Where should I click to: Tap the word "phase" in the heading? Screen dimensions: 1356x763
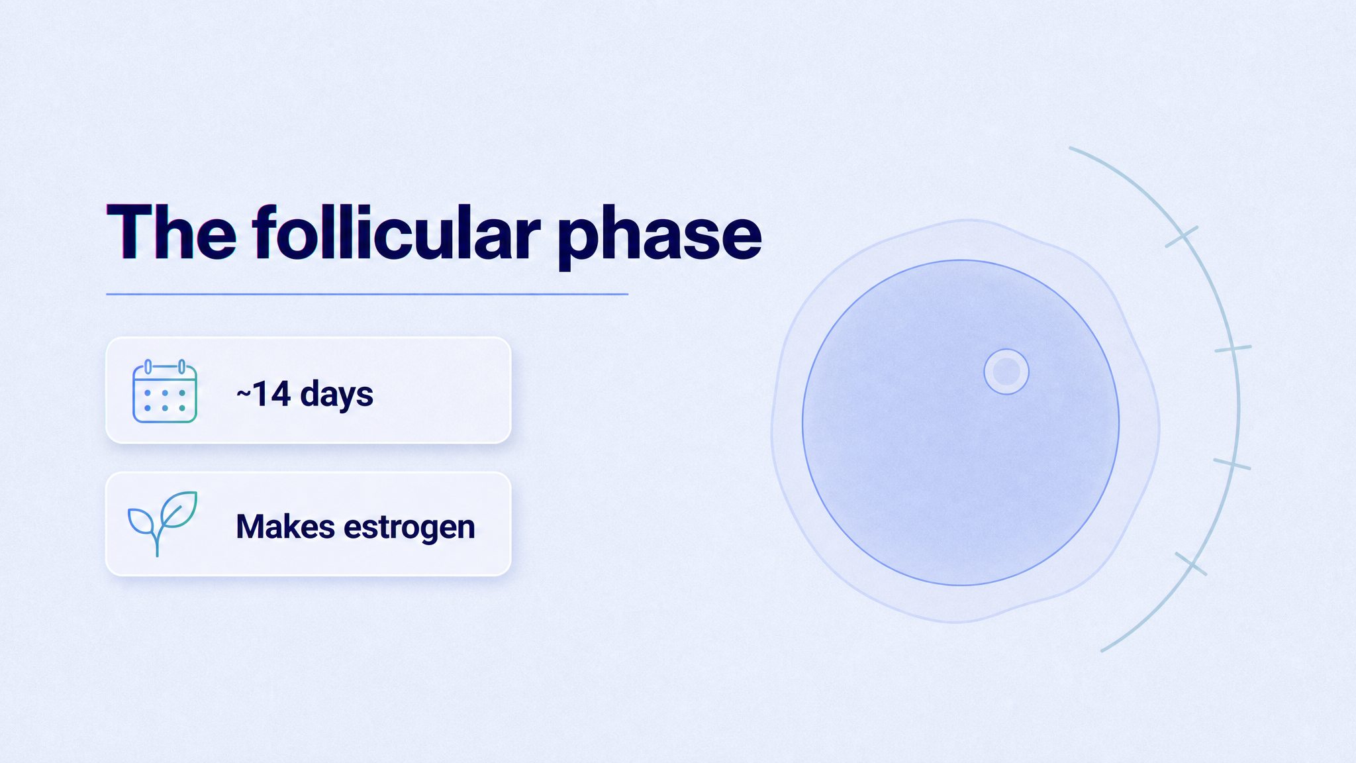coord(659,238)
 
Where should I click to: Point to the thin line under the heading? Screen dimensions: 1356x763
coord(367,294)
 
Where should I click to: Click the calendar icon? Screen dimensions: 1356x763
coord(165,391)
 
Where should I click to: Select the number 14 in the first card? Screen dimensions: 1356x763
coord(271,394)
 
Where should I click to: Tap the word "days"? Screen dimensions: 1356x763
coord(337,395)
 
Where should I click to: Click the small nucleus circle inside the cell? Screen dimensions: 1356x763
coord(1006,372)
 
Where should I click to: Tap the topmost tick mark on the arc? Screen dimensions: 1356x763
coord(1181,236)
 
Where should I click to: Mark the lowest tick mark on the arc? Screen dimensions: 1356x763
coord(1190,564)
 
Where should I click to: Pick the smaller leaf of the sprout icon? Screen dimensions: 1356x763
coord(142,522)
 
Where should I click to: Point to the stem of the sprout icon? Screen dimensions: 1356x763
coord(158,540)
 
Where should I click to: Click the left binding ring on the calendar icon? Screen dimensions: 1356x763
coord(148,366)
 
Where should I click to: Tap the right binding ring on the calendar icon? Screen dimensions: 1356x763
coord(181,366)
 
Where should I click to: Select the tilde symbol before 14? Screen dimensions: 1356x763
coord(244,395)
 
